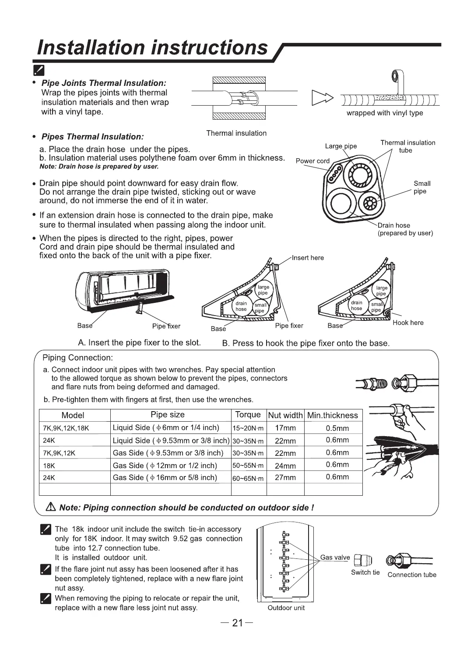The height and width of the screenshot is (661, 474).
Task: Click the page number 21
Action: pos(237,623)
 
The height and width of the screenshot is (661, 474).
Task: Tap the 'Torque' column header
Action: pos(248,415)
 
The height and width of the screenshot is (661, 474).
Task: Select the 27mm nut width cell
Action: pos(285,477)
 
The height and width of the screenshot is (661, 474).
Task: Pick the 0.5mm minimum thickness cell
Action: pos(337,428)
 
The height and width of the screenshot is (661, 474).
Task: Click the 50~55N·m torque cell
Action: pos(248,466)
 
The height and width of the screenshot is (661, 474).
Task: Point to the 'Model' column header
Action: pos(73,415)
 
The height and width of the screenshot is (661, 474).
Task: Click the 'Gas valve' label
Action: pos(335,558)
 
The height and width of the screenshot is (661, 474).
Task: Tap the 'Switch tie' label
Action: pos(365,572)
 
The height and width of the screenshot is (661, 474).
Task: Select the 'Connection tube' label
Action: pos(412,575)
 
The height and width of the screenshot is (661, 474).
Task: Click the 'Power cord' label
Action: pos(312,161)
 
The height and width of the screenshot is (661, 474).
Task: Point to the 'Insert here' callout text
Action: pos(308,258)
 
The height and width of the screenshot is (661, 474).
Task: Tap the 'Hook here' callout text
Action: pos(408,323)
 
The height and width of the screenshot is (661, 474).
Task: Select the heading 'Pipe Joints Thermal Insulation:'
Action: pos(104,83)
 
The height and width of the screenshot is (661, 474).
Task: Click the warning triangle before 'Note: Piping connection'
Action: pos(50,508)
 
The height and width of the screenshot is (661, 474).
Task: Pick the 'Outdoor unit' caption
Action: pos(286,608)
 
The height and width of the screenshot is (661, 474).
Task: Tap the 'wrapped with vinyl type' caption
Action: pos(385,113)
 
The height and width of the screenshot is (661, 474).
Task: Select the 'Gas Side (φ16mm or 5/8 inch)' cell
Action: pos(165,477)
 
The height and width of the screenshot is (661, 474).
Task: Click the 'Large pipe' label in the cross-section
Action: pos(341,146)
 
